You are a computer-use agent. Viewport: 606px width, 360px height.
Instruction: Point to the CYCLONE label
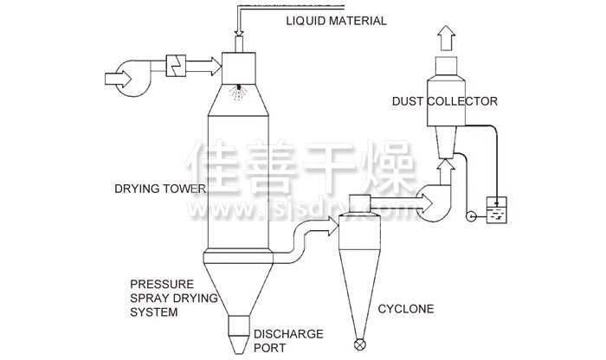pos(406,309)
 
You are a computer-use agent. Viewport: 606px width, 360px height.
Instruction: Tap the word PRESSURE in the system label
pos(156,284)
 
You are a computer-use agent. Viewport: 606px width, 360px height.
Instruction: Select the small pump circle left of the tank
pos(471,215)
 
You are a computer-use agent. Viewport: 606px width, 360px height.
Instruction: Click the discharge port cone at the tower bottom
pos(237,332)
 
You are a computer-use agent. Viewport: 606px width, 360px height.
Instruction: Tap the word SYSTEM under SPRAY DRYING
pos(154,312)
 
